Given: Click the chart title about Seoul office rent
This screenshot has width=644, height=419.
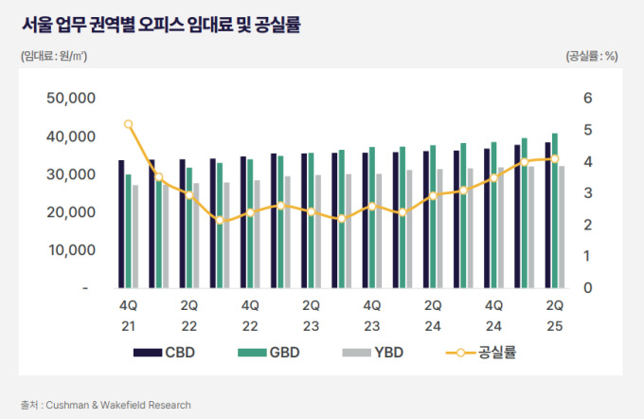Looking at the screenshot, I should click(x=161, y=26).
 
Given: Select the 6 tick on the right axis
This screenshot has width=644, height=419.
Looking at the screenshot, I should click(x=588, y=99).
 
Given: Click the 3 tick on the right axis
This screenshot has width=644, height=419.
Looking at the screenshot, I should click(x=588, y=193).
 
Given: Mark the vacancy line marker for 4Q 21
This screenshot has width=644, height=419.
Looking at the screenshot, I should click(x=129, y=124).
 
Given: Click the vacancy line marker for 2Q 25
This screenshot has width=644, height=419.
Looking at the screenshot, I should click(x=554, y=159).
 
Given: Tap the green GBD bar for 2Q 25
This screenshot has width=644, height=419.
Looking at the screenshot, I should click(x=555, y=210).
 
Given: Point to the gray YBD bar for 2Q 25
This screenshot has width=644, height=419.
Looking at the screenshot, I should click(x=562, y=227).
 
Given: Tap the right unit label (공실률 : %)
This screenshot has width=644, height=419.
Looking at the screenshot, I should click(x=592, y=56).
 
